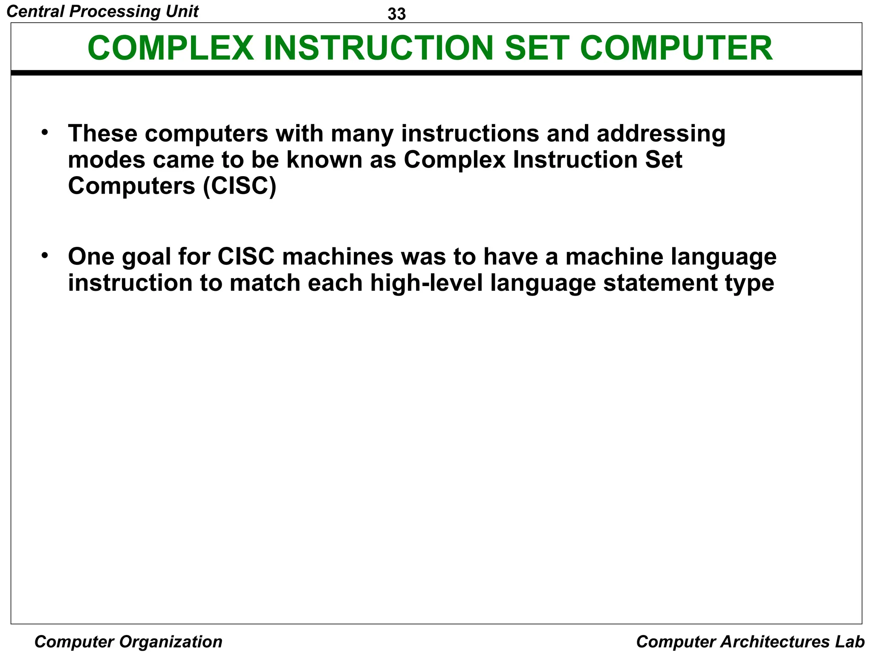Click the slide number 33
396,14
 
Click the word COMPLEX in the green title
171,48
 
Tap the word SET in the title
537,48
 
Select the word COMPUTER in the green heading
676,48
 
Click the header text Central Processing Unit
102,12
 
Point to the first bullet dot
45,132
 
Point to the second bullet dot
45,255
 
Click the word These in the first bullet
103,133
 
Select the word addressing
661,134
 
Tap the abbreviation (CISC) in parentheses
240,186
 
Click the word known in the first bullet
324,160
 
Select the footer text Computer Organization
128,641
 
